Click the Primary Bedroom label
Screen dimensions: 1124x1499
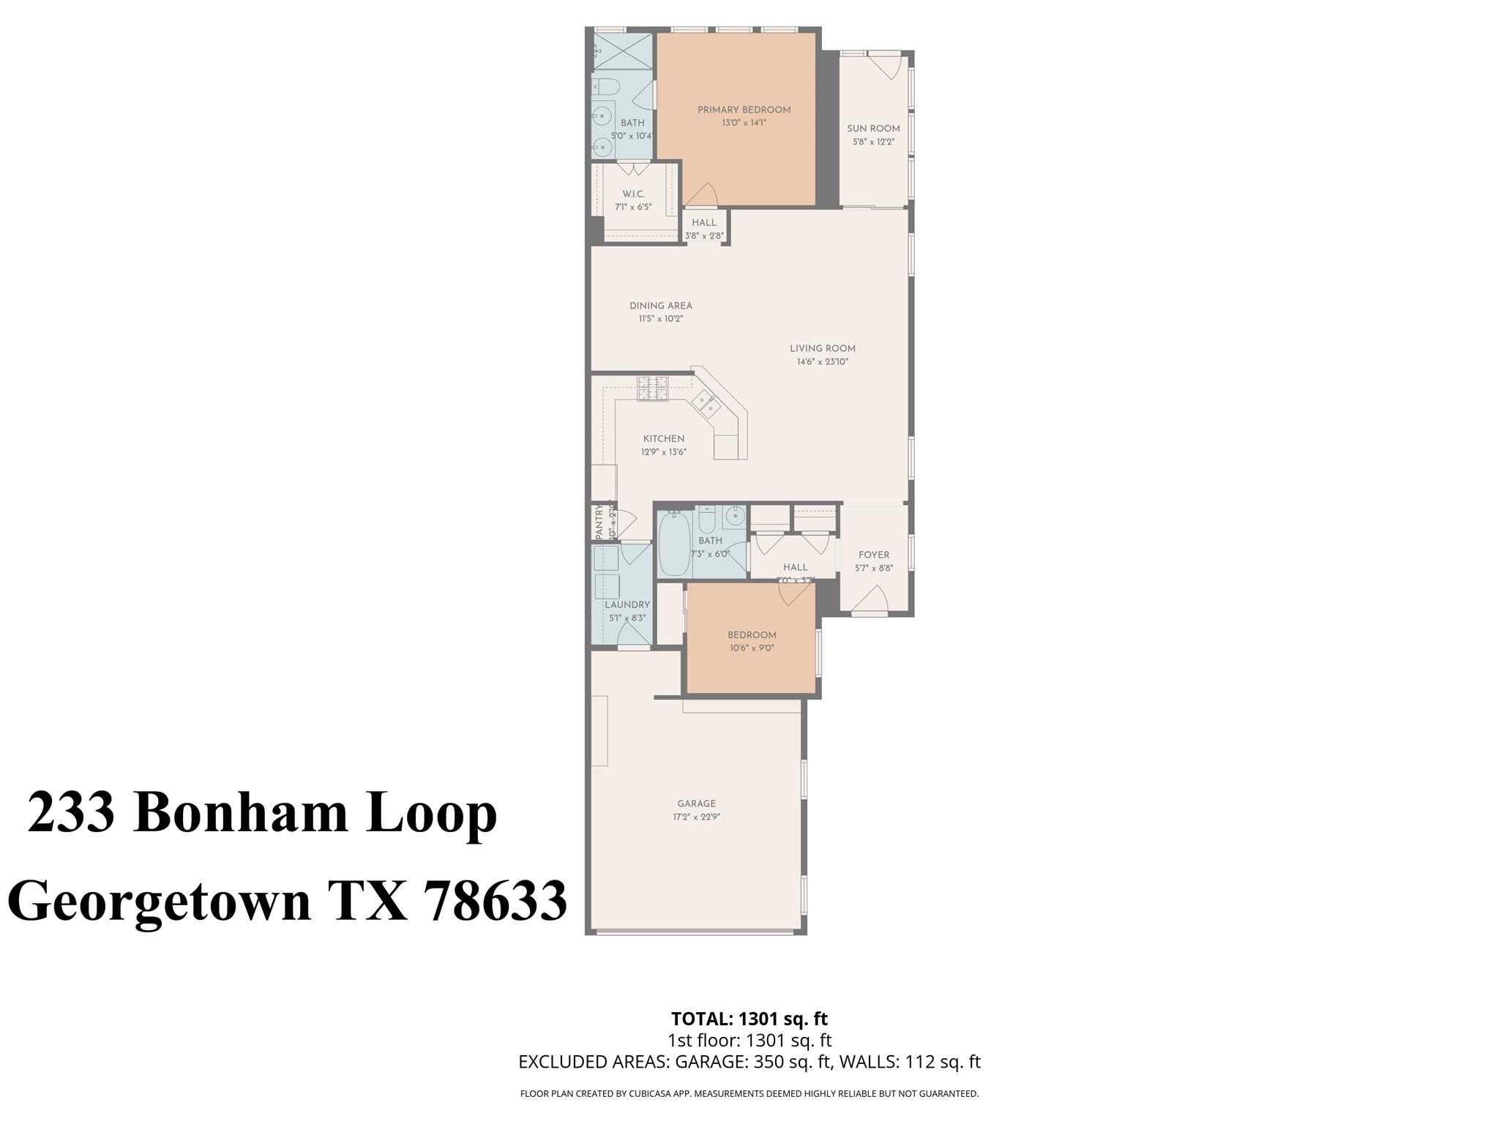coord(744,110)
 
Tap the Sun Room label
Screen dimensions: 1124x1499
coord(873,129)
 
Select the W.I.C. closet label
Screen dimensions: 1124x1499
coord(633,194)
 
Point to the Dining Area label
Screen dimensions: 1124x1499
coord(660,306)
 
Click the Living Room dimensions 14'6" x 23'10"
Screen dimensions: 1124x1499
coord(822,361)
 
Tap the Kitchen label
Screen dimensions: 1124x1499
coord(663,439)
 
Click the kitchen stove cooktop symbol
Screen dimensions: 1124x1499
coord(652,388)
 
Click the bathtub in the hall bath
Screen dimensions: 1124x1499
coord(674,545)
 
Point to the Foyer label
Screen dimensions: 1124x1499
coord(873,555)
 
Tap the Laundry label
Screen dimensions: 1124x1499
coord(627,605)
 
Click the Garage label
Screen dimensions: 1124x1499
coord(695,803)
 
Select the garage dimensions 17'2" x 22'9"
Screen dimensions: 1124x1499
coord(695,817)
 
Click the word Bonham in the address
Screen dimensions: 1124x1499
coord(241,813)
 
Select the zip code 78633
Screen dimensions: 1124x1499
coord(496,901)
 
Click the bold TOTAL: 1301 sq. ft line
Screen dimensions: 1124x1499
coord(749,1019)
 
